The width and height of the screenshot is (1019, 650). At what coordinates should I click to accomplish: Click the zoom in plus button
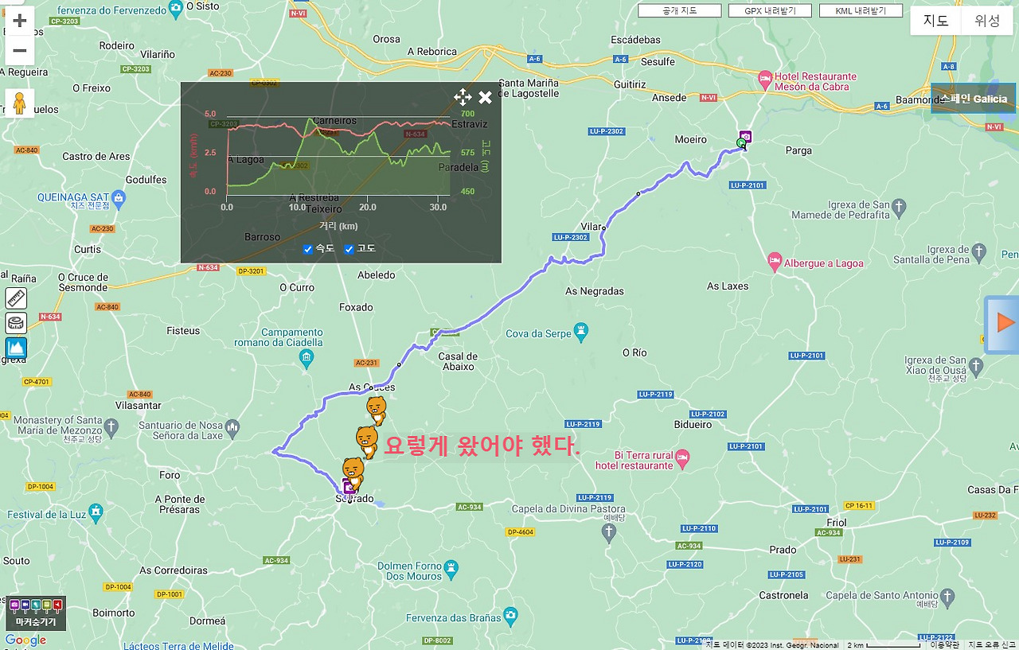click(x=20, y=21)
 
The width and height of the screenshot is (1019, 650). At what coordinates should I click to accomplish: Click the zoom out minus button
click(x=20, y=51)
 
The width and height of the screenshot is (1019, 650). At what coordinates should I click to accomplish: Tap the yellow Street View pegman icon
click(x=20, y=103)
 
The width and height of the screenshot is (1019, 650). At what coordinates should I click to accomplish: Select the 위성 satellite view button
click(x=987, y=21)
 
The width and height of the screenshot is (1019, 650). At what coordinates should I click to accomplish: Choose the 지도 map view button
click(x=935, y=21)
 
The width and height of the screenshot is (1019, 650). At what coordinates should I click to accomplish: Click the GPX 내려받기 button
click(x=770, y=11)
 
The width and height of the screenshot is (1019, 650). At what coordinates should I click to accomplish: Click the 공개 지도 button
click(x=680, y=11)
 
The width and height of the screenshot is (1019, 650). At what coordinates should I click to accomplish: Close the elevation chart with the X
click(x=485, y=98)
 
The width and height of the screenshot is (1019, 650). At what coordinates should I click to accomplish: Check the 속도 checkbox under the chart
click(x=308, y=250)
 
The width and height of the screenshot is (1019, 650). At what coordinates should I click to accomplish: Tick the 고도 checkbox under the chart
click(x=349, y=250)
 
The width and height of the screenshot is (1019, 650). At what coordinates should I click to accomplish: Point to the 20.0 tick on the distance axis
click(x=368, y=208)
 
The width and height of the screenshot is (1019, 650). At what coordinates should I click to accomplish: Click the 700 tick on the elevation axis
click(x=467, y=115)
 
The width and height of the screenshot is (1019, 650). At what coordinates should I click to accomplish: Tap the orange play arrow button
click(x=1005, y=323)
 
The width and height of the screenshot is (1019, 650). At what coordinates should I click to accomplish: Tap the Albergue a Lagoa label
click(x=823, y=263)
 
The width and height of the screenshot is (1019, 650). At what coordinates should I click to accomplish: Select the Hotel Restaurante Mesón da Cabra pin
click(x=765, y=79)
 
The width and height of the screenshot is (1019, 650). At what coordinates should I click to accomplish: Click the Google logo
click(x=25, y=640)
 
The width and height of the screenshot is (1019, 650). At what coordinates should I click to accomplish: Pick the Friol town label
click(x=837, y=523)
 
